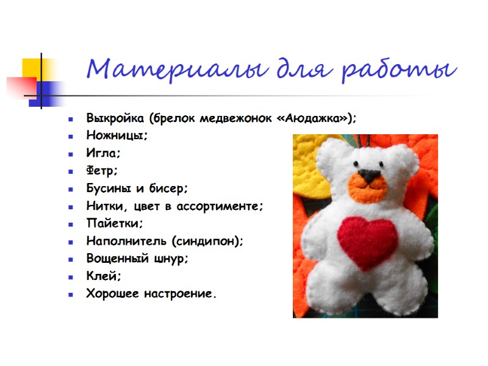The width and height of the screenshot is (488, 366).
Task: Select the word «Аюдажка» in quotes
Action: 315,118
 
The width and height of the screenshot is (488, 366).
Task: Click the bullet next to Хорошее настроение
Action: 72,295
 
